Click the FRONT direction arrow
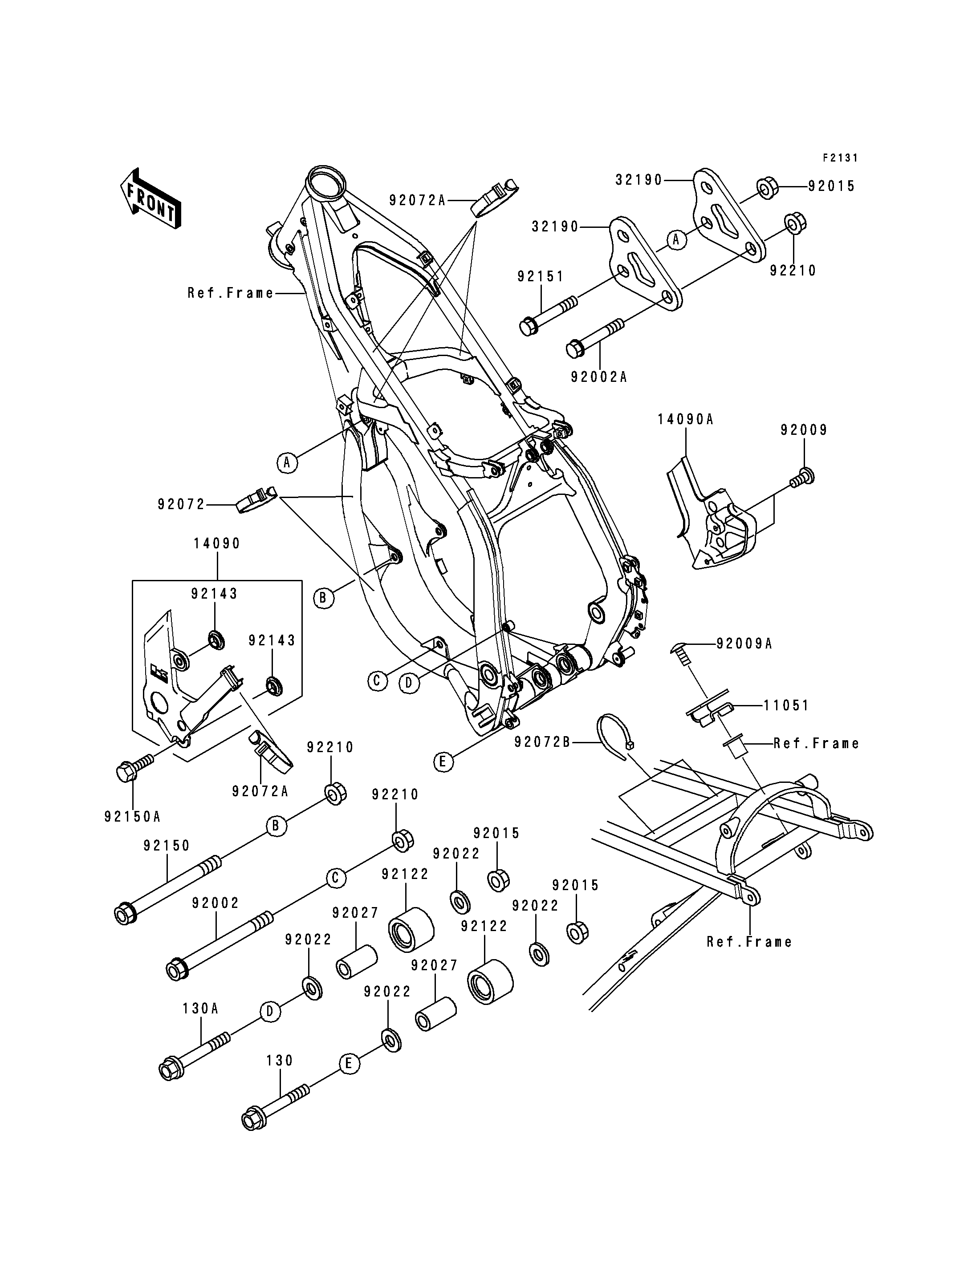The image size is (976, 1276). (150, 198)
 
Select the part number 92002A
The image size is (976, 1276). (599, 377)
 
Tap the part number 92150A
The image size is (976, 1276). (132, 817)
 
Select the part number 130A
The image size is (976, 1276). (200, 1008)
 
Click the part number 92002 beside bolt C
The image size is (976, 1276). (216, 903)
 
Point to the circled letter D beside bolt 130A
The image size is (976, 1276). (269, 1012)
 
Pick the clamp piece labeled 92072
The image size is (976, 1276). (256, 499)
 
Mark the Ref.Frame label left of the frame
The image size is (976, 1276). (230, 293)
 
